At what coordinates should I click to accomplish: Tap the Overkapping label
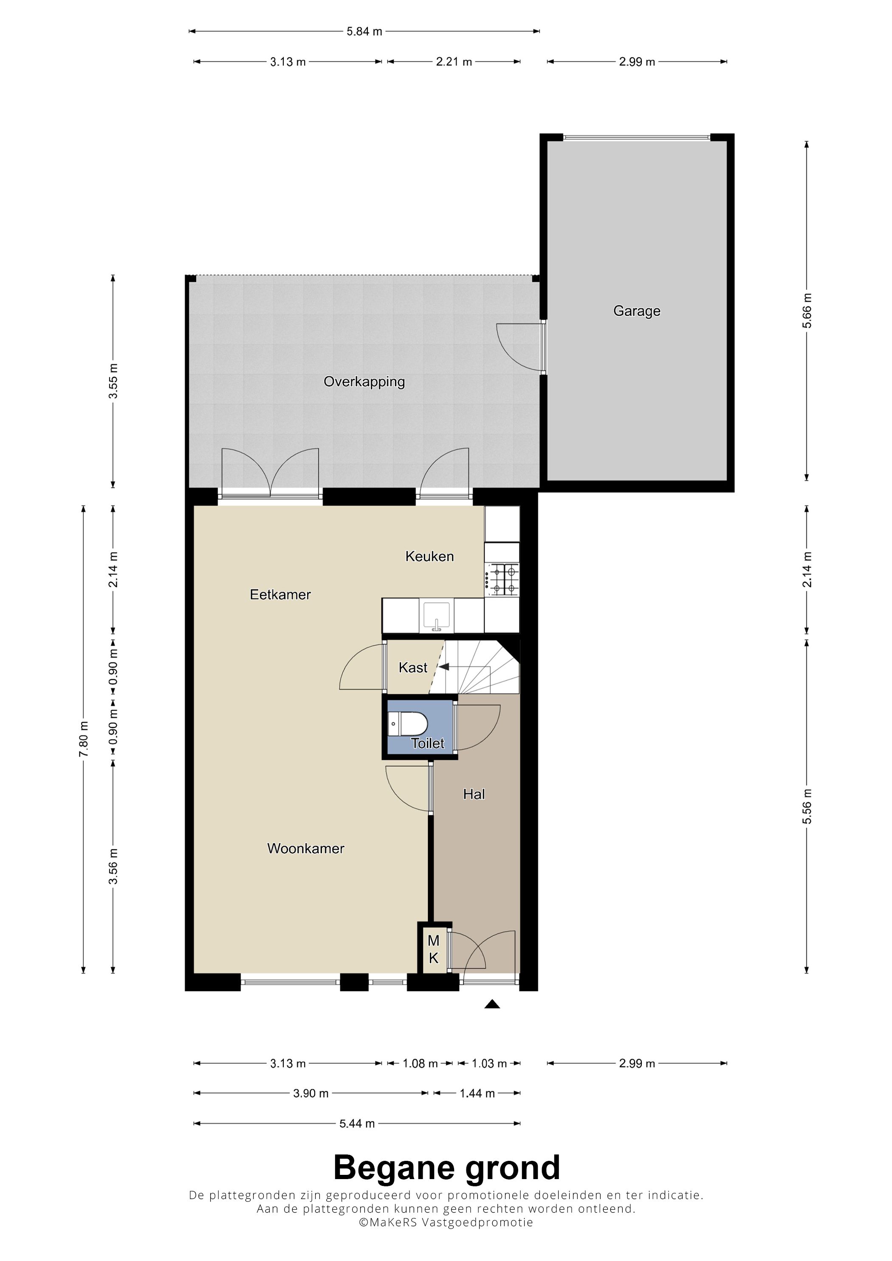tap(364, 382)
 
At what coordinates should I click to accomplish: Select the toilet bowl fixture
tap(407, 723)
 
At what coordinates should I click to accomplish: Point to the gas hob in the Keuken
tap(502, 580)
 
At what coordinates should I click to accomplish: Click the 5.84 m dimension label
tap(364, 31)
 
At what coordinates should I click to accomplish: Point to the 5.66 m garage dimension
tap(807, 310)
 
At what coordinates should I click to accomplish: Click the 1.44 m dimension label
tap(477, 1093)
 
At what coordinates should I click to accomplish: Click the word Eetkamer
tap(280, 594)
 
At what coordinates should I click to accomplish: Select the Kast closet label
tap(413, 667)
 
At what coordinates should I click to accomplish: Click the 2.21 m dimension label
tap(454, 62)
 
